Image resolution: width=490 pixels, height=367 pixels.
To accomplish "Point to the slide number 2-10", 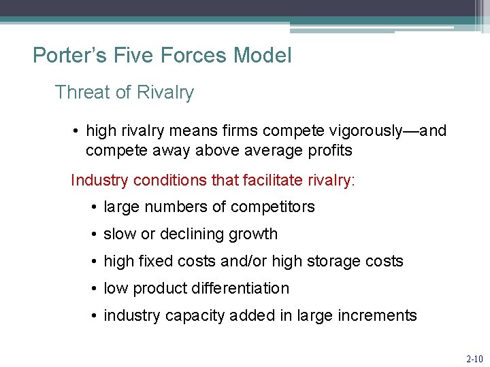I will tap(474, 357).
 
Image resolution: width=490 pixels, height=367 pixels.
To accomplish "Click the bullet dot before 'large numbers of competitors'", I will tap(93, 207).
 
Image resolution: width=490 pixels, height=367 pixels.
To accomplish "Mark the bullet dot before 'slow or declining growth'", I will tap(93, 234).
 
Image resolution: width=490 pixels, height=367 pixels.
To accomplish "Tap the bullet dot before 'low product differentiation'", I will tap(93, 288).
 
